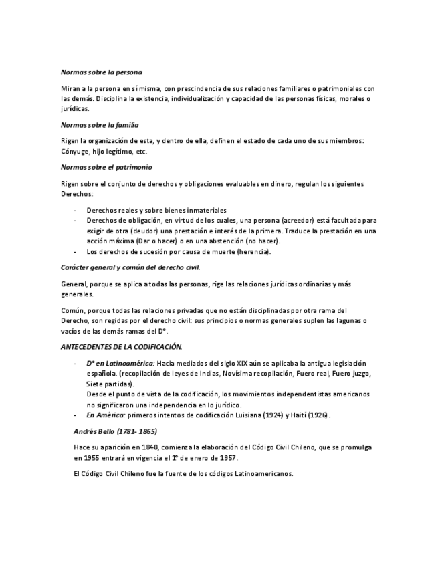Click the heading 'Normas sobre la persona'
(101, 71)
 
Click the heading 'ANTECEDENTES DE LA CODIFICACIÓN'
(121, 347)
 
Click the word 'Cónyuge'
(74, 152)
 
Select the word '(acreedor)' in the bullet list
(302, 220)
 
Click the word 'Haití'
(294, 415)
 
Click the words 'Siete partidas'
(110, 384)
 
